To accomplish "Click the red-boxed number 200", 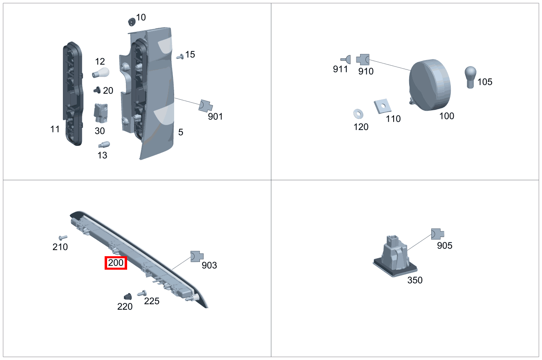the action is tap(116, 263).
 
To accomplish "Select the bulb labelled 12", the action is tap(101, 73).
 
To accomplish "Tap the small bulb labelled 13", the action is tap(104, 145).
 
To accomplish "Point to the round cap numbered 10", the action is tap(132, 22).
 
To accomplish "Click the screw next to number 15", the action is tap(180, 57).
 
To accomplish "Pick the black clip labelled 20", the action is tap(97, 90).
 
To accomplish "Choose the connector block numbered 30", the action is tap(101, 113).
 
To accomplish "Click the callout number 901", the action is tap(215, 116).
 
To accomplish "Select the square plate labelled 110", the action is tap(383, 106).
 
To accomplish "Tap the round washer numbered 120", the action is tap(358, 114).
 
